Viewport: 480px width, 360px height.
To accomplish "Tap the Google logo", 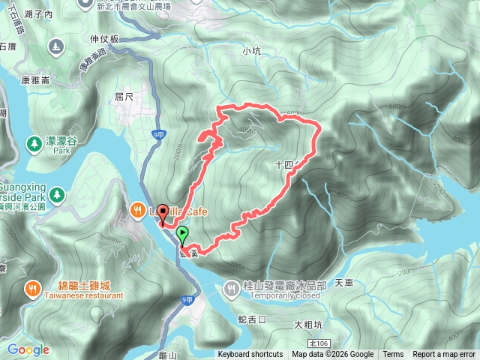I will [28, 349].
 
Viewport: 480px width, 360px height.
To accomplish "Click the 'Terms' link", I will [393, 355].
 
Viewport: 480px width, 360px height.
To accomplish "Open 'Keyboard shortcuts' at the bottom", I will [250, 355].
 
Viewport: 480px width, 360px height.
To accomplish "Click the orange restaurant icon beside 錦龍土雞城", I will [34, 286].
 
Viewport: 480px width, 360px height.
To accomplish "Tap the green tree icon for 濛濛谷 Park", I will [34, 142].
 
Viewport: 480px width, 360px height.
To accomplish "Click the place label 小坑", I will [251, 51].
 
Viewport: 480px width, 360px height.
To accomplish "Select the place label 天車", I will [343, 283].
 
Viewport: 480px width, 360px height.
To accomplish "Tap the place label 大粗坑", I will [308, 325].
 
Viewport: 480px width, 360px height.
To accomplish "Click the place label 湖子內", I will [37, 14].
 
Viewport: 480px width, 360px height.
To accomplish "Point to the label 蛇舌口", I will [251, 319].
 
